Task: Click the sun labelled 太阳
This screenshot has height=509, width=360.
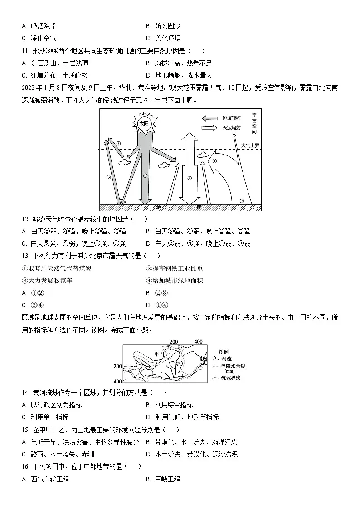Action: point(144,123)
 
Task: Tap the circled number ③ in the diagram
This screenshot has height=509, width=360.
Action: point(190,178)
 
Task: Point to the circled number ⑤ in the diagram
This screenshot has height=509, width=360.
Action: point(118,144)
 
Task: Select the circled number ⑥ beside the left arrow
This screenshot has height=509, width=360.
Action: point(109,177)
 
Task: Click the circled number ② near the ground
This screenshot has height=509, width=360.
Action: point(242,201)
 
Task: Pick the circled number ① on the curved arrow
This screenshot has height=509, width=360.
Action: point(215,160)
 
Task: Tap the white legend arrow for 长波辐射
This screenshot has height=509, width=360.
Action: point(209,128)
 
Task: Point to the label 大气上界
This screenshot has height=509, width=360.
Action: point(250,145)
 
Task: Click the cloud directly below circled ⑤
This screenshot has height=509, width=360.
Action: point(123,160)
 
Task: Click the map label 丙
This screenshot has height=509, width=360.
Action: point(204,358)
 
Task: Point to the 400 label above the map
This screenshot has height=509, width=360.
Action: point(198,341)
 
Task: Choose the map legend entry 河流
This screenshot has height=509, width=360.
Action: point(226,359)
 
